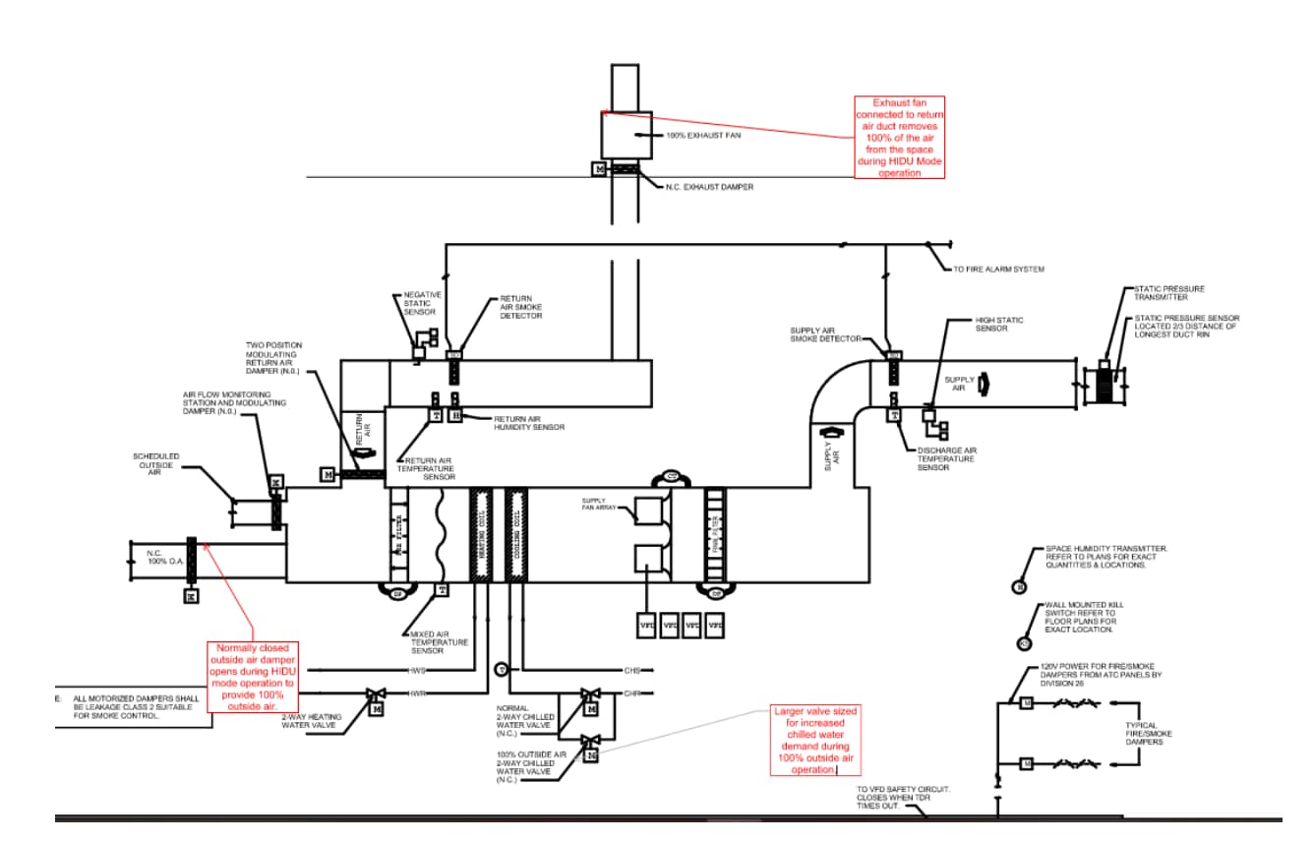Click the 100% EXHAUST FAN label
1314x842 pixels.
tap(703, 135)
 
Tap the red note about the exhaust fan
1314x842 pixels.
tap(899, 138)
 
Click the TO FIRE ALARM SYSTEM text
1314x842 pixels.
tap(998, 269)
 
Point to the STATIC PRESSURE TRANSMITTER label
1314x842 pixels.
tap(1168, 293)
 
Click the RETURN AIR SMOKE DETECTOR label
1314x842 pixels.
tap(521, 307)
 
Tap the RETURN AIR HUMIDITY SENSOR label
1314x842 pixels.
tap(529, 423)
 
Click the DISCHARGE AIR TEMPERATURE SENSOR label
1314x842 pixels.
tap(946, 458)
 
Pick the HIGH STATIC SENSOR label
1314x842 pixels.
tap(998, 324)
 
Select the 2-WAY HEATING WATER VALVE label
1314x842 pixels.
tap(312, 722)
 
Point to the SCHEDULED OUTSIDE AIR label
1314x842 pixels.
tap(155, 464)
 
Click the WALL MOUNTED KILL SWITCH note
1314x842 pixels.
tap(1085, 617)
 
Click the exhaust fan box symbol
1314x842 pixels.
tap(627, 135)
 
